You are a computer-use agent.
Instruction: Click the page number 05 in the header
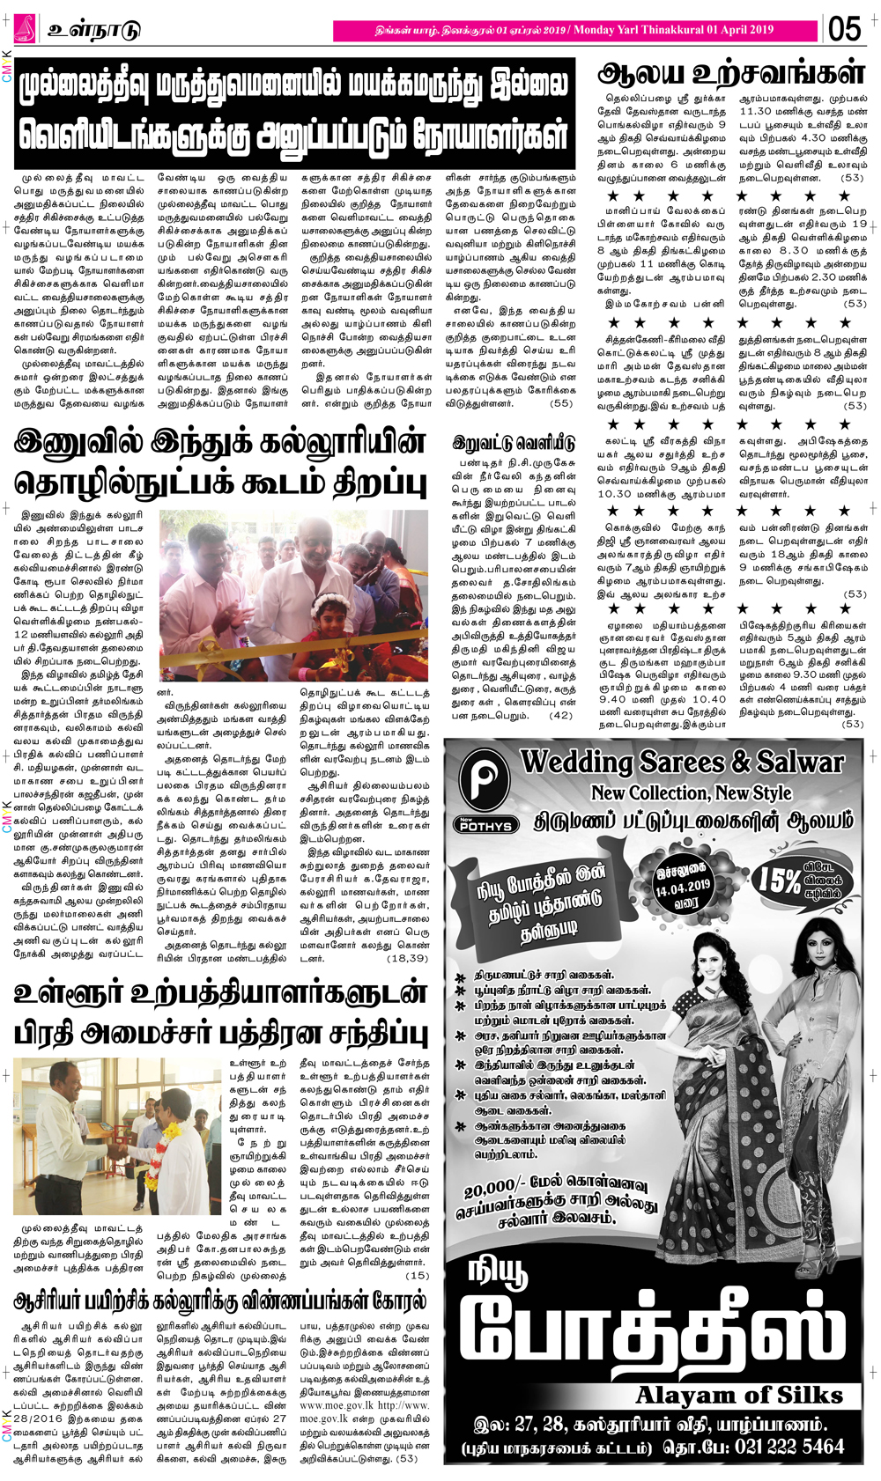[844, 28]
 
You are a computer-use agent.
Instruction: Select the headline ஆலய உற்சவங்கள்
[730, 72]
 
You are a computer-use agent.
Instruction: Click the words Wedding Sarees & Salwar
[682, 762]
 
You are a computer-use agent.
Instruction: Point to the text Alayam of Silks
[739, 1395]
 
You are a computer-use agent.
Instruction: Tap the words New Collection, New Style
[691, 793]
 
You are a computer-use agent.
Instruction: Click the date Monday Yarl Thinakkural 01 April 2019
[673, 30]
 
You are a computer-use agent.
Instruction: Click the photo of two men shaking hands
[117, 1136]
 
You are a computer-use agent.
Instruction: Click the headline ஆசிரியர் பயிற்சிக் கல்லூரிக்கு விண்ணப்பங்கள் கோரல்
[220, 1300]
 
